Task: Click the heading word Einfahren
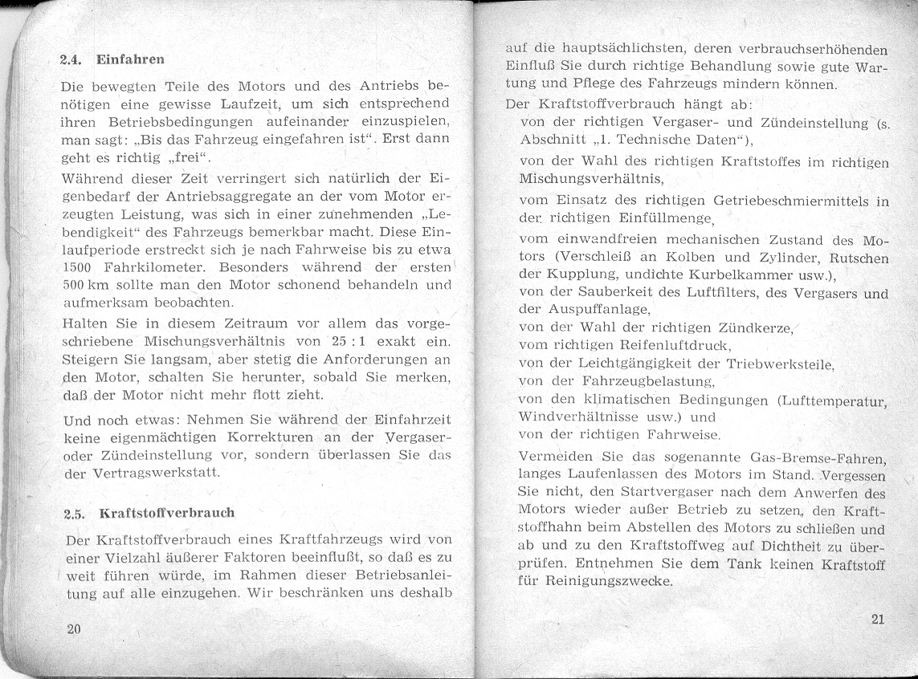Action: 130,59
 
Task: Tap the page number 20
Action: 74,628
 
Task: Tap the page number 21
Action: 877,619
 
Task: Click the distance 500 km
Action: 87,286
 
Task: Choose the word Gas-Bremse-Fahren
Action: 817,458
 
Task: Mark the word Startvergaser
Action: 640,494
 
